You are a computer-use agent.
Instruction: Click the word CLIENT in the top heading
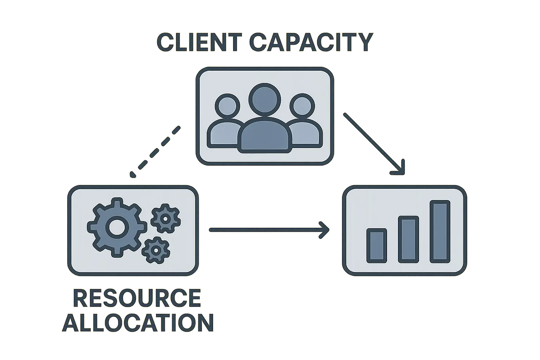click(x=198, y=43)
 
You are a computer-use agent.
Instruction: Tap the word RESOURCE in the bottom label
click(x=137, y=298)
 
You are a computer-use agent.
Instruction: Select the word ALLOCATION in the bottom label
click(x=138, y=322)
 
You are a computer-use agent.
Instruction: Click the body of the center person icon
click(x=265, y=135)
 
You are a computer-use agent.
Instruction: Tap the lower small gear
click(x=155, y=250)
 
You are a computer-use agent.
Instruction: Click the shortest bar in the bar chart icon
click(x=377, y=246)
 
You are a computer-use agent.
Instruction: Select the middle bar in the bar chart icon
click(x=408, y=240)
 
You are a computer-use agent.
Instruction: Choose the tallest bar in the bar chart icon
click(x=440, y=232)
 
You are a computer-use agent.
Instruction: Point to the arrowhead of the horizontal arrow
click(x=326, y=230)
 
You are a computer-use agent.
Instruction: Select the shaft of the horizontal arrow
click(x=264, y=230)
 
